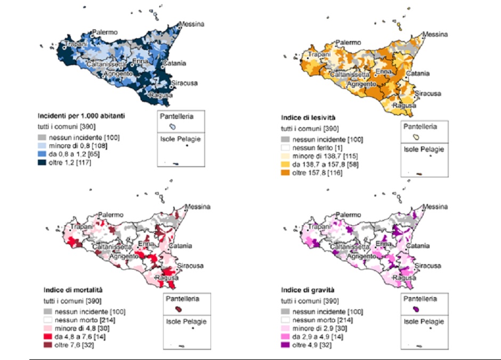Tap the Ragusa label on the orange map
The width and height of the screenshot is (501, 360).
click(403, 105)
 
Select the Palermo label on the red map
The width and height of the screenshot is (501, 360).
click(110, 214)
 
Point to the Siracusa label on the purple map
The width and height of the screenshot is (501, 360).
click(428, 266)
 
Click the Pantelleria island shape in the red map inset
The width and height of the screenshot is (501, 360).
click(179, 309)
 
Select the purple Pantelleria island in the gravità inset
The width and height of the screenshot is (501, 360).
click(416, 309)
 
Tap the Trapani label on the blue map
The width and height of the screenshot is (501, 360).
click(76, 44)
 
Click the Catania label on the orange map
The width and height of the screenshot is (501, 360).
click(418, 73)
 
